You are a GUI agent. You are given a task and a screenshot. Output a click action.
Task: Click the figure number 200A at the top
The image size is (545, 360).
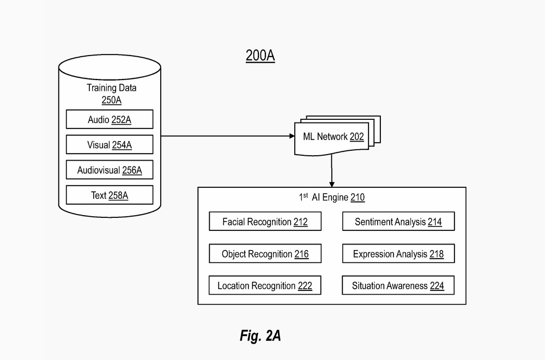point(260,56)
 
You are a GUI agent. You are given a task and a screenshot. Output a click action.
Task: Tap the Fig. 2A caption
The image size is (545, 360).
point(260,335)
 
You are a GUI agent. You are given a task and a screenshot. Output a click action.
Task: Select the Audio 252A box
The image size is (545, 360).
point(110,119)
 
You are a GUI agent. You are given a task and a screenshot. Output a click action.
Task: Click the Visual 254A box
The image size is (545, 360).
point(110,145)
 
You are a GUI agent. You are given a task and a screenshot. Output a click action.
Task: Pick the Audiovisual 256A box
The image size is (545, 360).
point(110,170)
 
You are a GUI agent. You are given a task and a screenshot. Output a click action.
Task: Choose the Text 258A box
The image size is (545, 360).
point(110,195)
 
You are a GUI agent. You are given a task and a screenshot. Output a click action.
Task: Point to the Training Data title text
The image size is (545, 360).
point(112,88)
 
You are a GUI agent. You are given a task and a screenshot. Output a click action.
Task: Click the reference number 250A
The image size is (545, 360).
point(111,100)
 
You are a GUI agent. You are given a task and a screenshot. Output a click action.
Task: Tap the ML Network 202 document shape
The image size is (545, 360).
point(332,137)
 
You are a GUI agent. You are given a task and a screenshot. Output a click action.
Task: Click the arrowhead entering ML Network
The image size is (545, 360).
point(290,137)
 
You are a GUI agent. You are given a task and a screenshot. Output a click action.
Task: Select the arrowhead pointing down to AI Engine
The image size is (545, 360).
point(332,184)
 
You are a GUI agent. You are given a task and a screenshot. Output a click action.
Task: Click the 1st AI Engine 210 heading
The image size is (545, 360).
point(331,198)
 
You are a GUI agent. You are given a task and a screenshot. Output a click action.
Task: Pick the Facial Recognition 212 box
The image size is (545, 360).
point(265,222)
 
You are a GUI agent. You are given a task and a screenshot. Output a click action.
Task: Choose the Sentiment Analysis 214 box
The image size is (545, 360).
point(398,222)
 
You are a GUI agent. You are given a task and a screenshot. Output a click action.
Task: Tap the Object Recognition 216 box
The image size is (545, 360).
point(265,254)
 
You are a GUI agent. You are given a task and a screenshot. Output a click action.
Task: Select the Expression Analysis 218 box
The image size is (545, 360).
point(398,254)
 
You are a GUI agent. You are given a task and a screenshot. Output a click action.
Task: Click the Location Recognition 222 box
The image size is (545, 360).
point(265,286)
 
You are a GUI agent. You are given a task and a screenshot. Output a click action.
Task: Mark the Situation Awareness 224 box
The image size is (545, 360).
point(398,286)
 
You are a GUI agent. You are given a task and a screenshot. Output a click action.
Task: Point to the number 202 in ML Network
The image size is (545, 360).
point(357,136)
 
